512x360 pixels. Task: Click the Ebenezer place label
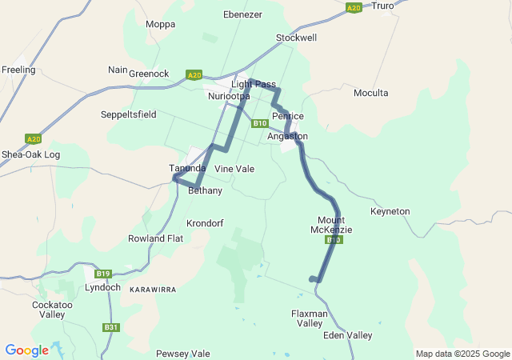(x=243, y=14)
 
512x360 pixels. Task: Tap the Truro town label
(x=383, y=6)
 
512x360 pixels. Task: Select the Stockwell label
(x=296, y=38)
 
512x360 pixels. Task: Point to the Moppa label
(x=160, y=24)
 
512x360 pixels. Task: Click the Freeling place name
(x=18, y=70)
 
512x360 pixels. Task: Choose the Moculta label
(x=370, y=93)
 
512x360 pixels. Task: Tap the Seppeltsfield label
(x=129, y=114)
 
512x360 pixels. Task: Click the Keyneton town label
(x=390, y=211)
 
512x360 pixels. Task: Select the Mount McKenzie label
(x=331, y=225)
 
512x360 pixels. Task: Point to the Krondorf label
(x=205, y=222)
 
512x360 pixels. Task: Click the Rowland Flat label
(x=155, y=238)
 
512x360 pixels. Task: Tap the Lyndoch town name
(x=102, y=287)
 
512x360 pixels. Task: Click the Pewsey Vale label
(x=182, y=353)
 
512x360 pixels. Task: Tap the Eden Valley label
(x=347, y=335)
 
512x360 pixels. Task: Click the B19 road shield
(x=103, y=273)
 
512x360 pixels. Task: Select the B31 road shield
(x=110, y=327)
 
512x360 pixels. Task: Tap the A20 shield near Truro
(x=354, y=7)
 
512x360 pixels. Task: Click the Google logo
(x=26, y=350)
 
